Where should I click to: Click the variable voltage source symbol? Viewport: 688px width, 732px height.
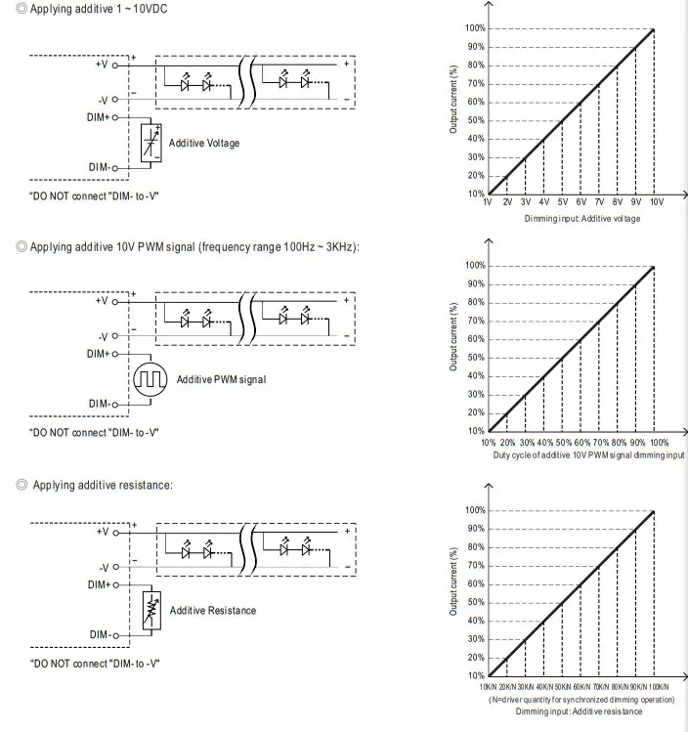(x=150, y=143)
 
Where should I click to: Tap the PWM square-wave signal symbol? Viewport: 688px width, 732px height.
(x=150, y=379)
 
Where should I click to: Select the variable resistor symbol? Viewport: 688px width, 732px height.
(x=150, y=610)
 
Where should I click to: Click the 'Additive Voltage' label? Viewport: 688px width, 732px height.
(x=203, y=144)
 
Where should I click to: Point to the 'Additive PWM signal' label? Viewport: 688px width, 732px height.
(x=221, y=379)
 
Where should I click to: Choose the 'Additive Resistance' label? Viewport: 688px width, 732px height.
(x=212, y=611)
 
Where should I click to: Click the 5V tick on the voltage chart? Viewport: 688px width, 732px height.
(x=562, y=200)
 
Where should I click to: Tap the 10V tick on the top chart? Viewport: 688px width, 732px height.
(x=656, y=200)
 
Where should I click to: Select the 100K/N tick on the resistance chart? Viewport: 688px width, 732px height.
(x=665, y=687)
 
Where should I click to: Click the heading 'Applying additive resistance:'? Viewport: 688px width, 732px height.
(x=103, y=485)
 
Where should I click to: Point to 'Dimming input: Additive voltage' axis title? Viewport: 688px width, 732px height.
(x=580, y=218)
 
